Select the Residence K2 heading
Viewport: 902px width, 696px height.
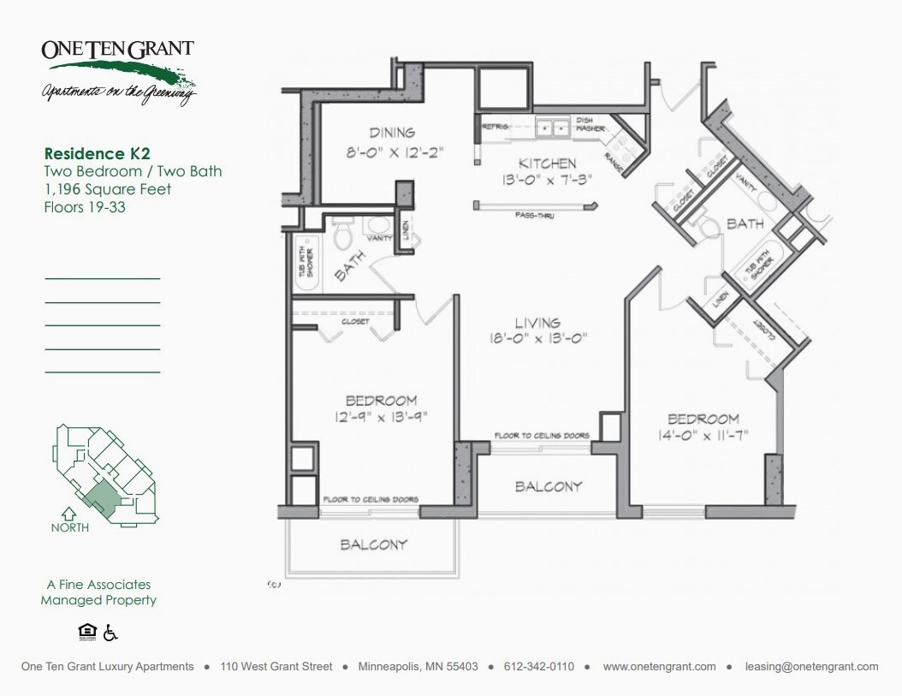tap(98, 154)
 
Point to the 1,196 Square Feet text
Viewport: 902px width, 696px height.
tap(108, 189)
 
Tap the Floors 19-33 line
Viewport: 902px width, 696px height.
tap(85, 206)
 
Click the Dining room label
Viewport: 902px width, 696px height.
tap(392, 133)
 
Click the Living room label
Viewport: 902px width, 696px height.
tap(537, 323)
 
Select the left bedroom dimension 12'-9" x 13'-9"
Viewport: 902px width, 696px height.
tap(381, 417)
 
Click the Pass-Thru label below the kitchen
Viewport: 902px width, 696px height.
tap(534, 216)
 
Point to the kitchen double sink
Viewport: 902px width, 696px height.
tap(553, 128)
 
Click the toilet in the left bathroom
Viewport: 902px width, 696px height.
tap(343, 233)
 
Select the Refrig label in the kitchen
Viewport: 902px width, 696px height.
tap(496, 127)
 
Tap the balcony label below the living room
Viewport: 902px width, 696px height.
tap(549, 486)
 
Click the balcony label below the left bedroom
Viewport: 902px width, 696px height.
tap(374, 544)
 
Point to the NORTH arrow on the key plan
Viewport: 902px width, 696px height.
tap(69, 516)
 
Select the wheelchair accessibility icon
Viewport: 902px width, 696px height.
tap(110, 633)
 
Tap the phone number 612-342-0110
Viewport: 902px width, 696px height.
tap(538, 666)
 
